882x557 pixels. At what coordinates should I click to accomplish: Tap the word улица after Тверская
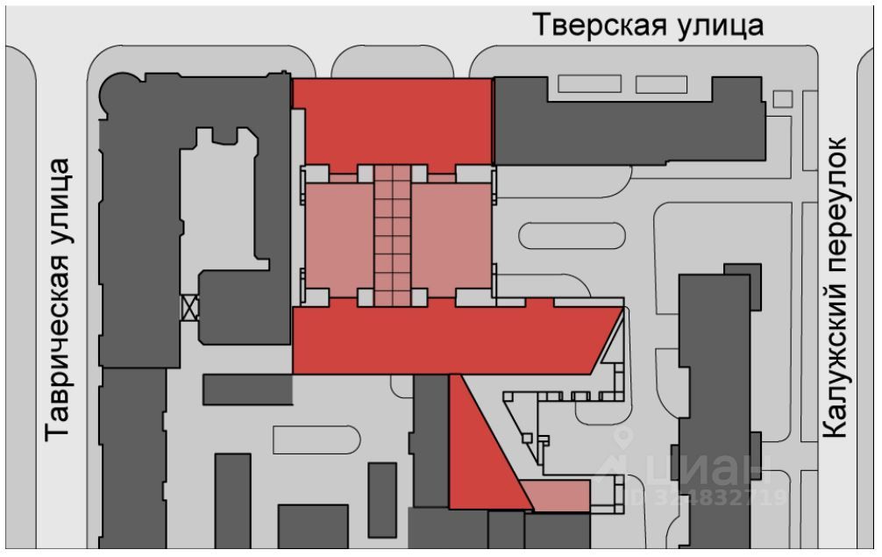[722, 25]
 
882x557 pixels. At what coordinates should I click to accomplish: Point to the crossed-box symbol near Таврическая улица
[190, 307]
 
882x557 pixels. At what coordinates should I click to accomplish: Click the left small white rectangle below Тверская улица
[590, 84]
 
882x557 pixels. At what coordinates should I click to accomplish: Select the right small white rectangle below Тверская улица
[661, 84]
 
